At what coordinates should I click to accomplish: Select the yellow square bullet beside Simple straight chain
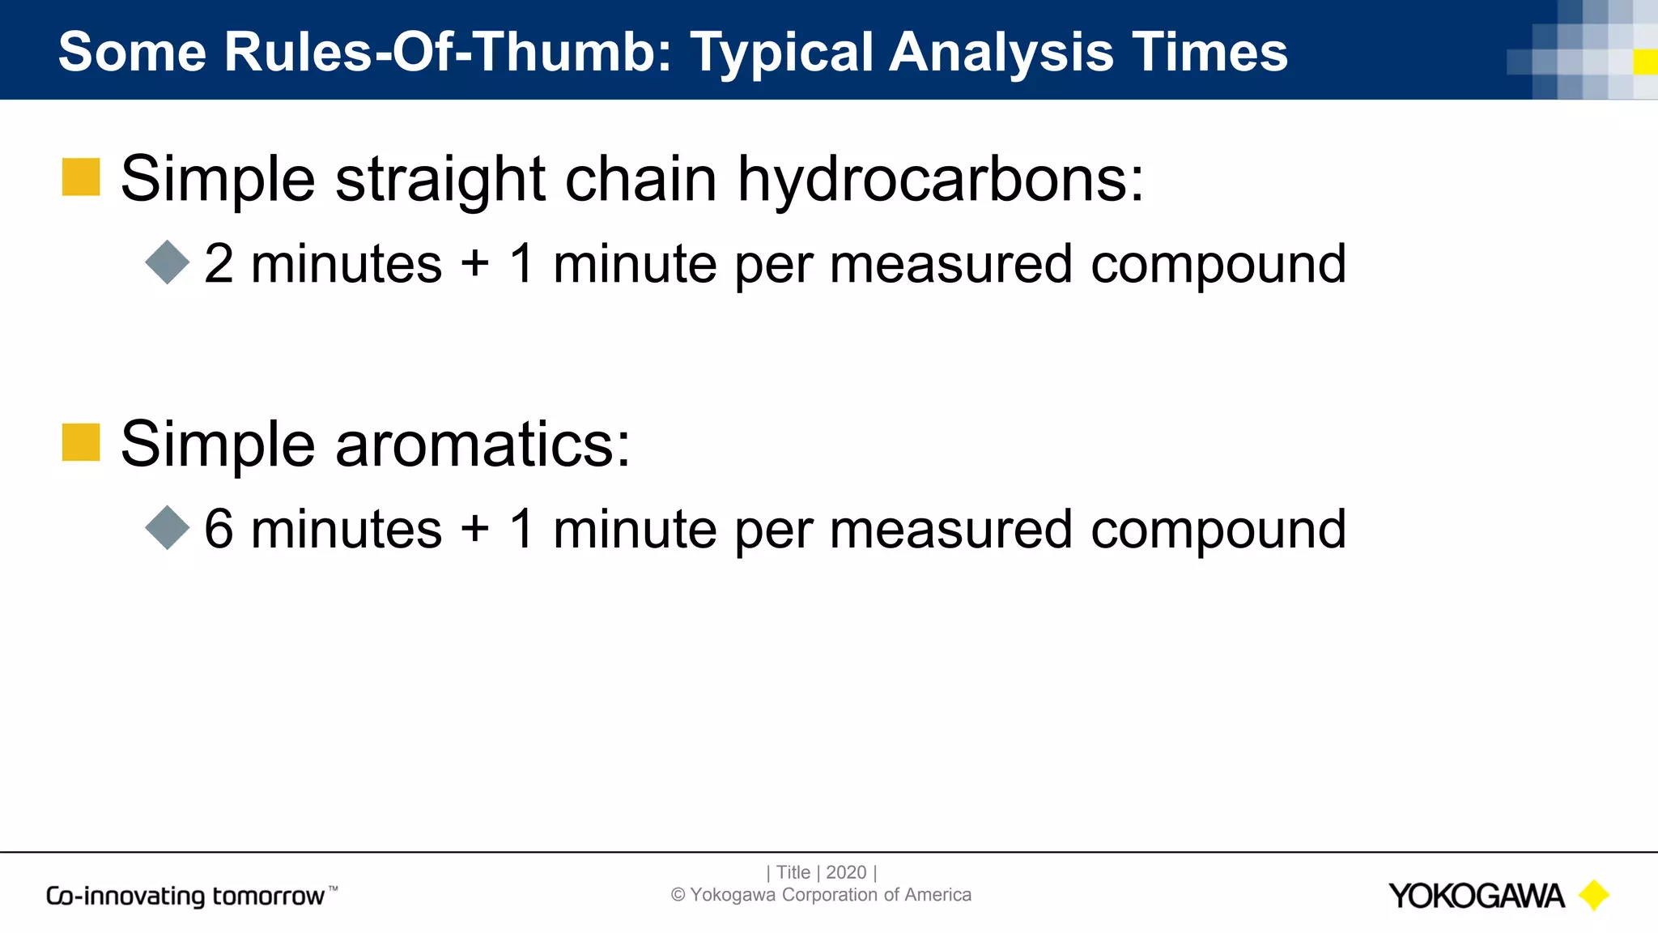81,177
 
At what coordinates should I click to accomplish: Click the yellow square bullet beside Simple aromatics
81,442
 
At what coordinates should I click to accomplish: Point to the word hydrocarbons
940,180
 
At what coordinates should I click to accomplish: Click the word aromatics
483,445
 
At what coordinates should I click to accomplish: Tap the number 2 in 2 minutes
219,264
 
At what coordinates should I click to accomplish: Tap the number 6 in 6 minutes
219,530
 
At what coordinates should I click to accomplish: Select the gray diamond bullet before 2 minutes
168,262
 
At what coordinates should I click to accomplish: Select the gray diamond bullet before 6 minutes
168,528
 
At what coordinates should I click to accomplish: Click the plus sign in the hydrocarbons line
475,264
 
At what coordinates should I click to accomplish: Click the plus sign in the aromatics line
475,530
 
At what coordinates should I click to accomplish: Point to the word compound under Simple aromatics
1218,531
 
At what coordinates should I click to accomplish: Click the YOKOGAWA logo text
1476,896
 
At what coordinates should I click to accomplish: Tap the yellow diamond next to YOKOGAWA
1594,896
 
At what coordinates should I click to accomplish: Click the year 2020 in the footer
846,872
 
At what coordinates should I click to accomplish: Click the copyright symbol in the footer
678,895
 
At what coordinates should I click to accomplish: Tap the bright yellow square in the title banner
1645,62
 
